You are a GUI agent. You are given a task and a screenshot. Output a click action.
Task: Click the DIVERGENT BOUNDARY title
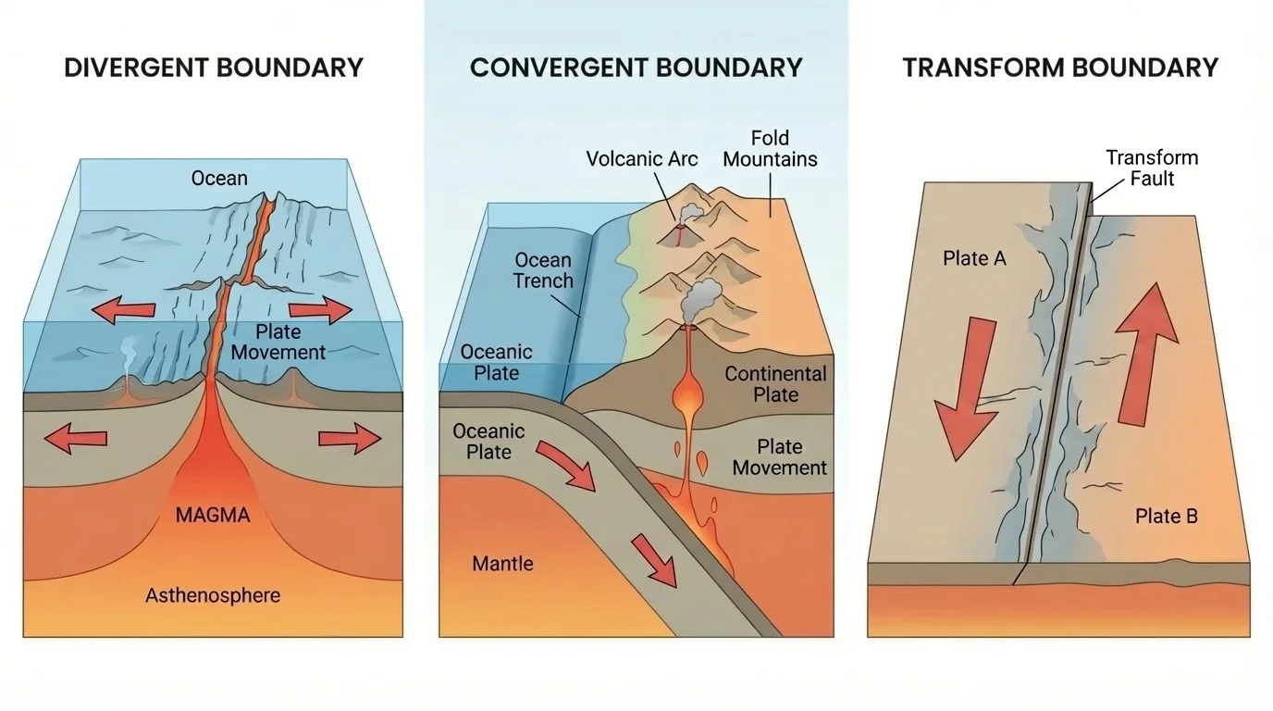click(213, 68)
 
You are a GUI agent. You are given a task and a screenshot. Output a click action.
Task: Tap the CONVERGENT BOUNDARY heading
click(636, 68)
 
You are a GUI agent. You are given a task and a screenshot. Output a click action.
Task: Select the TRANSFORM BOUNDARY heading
click(1060, 68)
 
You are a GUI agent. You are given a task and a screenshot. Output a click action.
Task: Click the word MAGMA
click(213, 515)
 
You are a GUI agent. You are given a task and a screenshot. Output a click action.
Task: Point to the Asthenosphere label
click(213, 595)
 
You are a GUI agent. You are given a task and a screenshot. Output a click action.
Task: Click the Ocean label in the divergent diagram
click(219, 178)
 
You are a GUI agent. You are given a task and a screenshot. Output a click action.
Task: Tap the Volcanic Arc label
click(642, 158)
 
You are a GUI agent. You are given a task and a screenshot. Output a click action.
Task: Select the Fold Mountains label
click(770, 148)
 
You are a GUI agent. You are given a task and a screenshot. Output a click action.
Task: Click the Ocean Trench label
click(543, 270)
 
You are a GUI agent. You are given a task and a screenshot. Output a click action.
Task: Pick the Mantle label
click(502, 563)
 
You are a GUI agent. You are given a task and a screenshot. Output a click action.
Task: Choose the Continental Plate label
click(775, 384)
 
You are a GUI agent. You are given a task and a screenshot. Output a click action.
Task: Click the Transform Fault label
click(1152, 168)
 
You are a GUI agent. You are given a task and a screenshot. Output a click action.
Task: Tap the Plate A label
click(974, 258)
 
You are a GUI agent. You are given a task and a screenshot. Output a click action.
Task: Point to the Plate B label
click(1167, 516)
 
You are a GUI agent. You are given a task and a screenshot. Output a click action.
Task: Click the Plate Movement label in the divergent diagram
click(278, 342)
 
